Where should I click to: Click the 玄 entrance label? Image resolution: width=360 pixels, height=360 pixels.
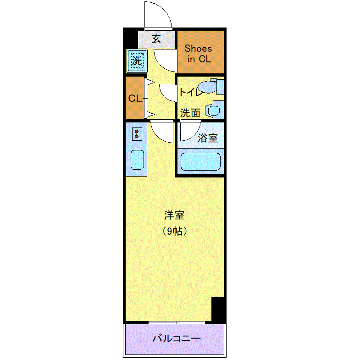156,39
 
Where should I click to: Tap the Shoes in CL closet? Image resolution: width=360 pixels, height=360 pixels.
200,52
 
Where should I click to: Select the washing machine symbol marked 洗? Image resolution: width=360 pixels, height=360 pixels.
137,61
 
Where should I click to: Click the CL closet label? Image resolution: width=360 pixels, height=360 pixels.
135,99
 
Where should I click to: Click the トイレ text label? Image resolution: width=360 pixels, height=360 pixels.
191,92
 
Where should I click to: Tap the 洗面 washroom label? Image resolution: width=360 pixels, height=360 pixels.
190,113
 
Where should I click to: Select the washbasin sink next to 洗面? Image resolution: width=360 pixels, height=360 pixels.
214,111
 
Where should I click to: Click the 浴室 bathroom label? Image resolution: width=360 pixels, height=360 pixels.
208,138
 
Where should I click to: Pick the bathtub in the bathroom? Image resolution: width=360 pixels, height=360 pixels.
200,161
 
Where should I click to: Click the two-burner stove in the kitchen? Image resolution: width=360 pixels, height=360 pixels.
137,134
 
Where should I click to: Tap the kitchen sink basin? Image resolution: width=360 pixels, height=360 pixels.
137,160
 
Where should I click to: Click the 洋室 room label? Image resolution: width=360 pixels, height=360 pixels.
174,215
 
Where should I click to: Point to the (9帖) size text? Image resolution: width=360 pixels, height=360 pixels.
174,231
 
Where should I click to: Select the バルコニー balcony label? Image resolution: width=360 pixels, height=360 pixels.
176,338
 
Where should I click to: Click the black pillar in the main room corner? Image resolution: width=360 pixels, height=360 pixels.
218,309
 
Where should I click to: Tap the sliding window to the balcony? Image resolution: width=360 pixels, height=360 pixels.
176,322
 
